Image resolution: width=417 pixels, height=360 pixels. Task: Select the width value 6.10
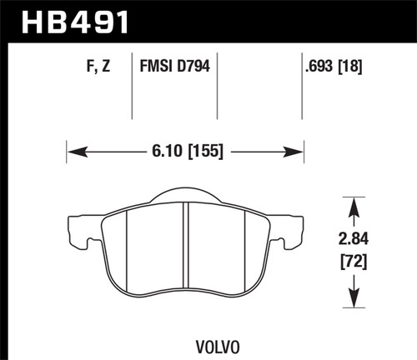point(161,152)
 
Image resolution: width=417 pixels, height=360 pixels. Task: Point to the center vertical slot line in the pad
point(184,250)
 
